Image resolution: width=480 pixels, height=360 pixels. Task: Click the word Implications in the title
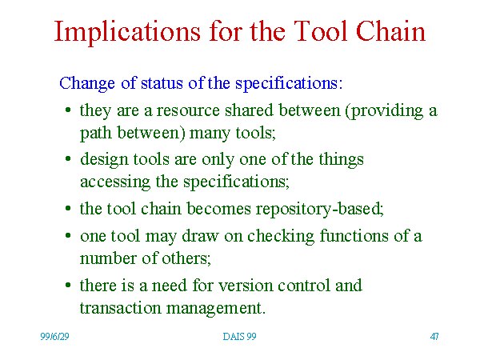pos(127,33)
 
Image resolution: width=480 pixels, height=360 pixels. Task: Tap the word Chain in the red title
pos(390,30)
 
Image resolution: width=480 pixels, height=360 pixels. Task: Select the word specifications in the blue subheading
pos(289,84)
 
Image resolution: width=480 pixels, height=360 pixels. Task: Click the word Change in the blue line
pos(87,84)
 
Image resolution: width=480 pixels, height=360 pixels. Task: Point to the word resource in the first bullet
pos(188,110)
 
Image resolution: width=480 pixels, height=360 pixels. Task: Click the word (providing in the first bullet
pos(384,111)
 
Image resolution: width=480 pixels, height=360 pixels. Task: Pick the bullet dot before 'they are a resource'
pos(68,110)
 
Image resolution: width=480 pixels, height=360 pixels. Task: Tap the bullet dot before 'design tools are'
pos(68,158)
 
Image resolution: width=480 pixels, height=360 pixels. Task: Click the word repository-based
pos(319,210)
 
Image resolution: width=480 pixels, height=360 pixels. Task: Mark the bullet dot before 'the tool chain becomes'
pos(68,208)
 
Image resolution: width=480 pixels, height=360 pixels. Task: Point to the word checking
pos(281,237)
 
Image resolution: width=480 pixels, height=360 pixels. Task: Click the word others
pos(186,258)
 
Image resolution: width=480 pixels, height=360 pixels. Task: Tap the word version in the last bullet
pos(246,286)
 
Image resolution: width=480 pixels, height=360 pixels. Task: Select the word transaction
pos(120,308)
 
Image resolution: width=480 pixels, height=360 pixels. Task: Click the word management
pos(215,309)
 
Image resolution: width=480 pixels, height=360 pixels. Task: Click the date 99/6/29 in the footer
pos(54,337)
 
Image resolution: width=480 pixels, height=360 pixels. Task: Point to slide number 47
pos(434,337)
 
